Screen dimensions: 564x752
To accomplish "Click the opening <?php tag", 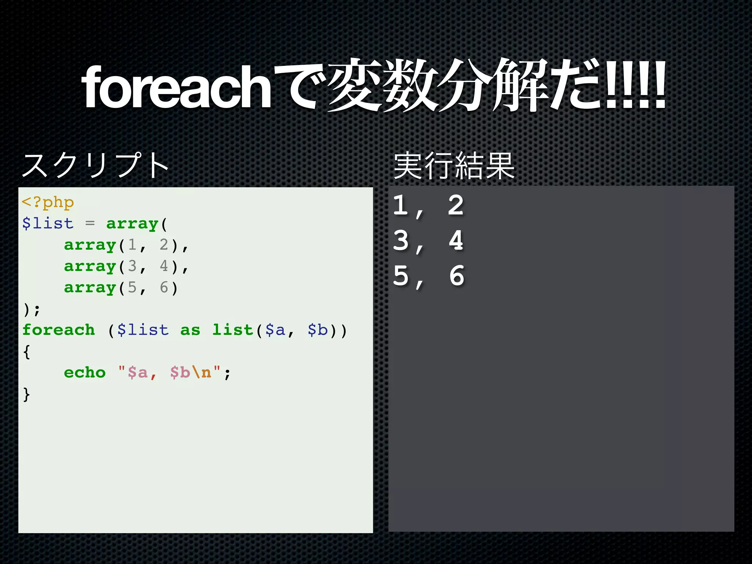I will (48, 202).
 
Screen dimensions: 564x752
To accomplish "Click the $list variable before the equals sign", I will (48, 223).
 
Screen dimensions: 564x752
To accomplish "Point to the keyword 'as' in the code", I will (190, 330).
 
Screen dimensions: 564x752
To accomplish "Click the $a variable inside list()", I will (275, 330).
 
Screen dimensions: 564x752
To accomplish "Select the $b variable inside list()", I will (318, 330).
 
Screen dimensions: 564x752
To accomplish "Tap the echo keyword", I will (84, 372).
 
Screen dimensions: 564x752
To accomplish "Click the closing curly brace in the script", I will (26, 394).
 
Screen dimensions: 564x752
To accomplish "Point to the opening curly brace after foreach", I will (26, 351).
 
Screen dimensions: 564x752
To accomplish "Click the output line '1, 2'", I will (428, 206).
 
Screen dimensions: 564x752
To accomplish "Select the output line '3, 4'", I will (428, 241).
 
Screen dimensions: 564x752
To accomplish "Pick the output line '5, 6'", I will (428, 276).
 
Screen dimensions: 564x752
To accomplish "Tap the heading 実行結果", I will (454, 166).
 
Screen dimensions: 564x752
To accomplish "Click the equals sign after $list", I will (90, 223).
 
